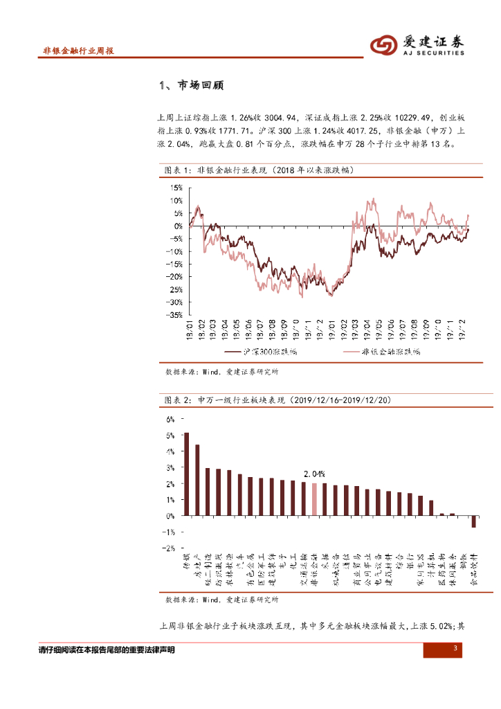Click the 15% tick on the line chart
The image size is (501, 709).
[174, 188]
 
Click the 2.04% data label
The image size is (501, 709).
[314, 474]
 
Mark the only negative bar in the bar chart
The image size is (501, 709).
[473, 521]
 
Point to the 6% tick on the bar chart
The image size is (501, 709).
[170, 420]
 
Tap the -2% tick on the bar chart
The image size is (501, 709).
[169, 548]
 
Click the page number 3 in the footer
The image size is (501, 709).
[455, 649]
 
